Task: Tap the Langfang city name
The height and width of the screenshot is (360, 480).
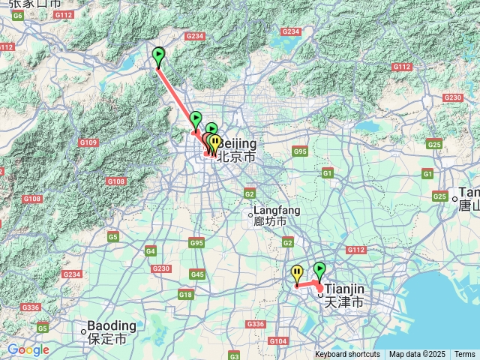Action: click(277, 211)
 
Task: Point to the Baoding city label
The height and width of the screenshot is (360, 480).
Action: click(112, 325)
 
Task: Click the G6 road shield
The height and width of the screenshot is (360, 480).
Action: click(18, 15)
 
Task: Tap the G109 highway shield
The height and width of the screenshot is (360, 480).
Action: click(88, 142)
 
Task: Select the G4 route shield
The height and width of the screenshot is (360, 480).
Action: click(151, 250)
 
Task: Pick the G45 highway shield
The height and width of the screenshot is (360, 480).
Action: click(197, 274)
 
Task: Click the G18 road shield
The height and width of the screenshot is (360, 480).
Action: click(185, 295)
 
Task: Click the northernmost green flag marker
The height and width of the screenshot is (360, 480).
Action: click(158, 56)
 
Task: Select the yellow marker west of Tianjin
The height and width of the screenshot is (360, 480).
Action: click(297, 274)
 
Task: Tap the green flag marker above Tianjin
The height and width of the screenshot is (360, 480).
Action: click(319, 270)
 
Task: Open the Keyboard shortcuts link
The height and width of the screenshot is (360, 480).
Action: click(347, 355)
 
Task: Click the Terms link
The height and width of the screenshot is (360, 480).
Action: click(464, 355)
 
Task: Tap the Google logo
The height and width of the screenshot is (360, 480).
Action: click(28, 349)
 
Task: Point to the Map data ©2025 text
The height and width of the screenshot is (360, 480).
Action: click(417, 355)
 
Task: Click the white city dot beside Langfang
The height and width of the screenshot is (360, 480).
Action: click(251, 216)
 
